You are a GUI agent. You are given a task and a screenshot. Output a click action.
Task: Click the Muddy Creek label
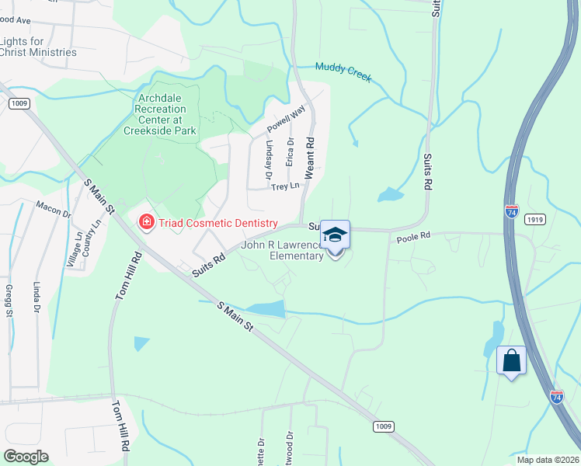click(343, 72)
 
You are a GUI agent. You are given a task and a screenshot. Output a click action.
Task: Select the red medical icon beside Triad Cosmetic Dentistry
click(145, 223)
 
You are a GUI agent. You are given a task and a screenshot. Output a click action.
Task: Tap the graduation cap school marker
click(335, 235)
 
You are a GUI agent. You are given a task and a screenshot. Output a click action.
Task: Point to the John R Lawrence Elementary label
click(281, 250)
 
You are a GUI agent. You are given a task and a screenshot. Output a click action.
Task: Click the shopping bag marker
click(511, 360)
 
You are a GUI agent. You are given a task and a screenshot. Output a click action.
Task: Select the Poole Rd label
click(413, 236)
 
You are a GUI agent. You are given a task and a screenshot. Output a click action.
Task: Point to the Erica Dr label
click(290, 152)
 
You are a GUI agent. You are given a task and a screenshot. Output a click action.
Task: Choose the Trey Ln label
click(285, 186)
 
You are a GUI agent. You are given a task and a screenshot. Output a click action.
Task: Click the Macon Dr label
click(53, 209)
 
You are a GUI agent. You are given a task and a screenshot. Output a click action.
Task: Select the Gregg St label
click(10, 301)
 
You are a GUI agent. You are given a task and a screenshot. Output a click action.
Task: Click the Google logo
click(26, 457)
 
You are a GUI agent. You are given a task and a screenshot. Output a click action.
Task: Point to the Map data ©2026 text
click(547, 460)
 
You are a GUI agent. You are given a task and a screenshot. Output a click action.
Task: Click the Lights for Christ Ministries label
click(38, 47)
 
